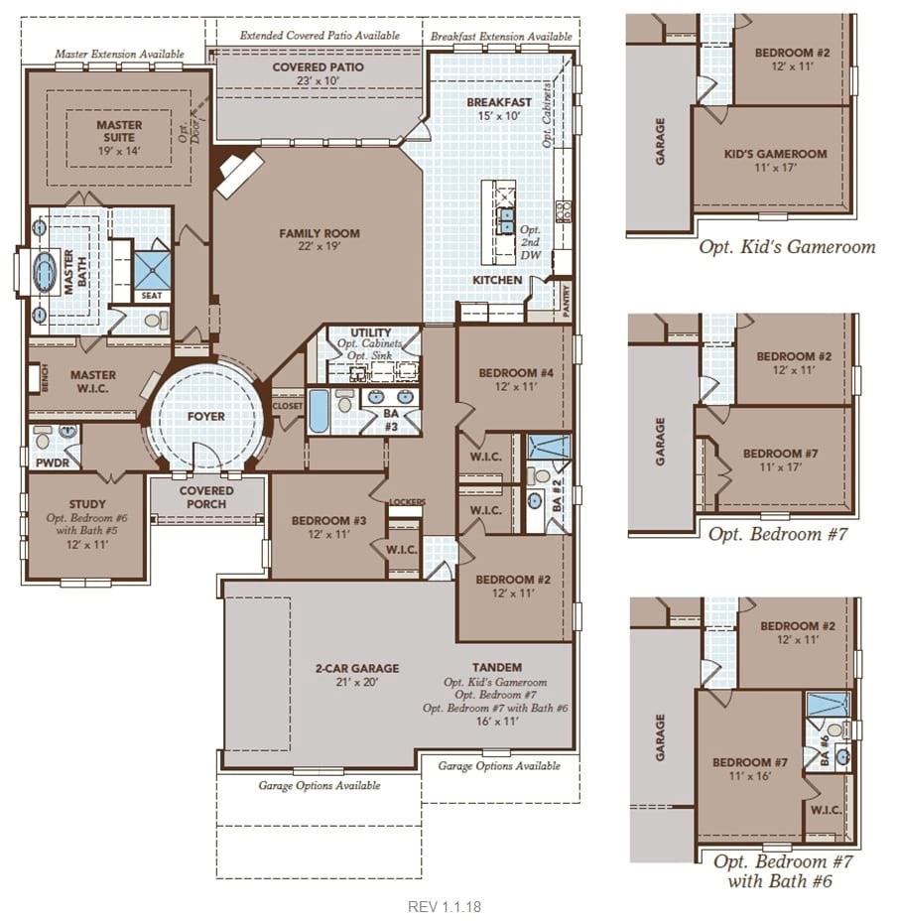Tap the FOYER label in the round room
pyautogui.click(x=206, y=416)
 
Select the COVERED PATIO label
pyautogui.click(x=318, y=67)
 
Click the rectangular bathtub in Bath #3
pyautogui.click(x=318, y=411)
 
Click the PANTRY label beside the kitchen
pyautogui.click(x=567, y=302)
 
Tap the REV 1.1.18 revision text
pyautogui.click(x=445, y=906)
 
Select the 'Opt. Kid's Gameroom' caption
pyautogui.click(x=787, y=246)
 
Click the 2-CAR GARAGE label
pyautogui.click(x=357, y=668)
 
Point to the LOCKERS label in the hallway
pyautogui.click(x=407, y=501)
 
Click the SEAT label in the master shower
pyautogui.click(x=151, y=296)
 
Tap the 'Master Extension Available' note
pyautogui.click(x=119, y=54)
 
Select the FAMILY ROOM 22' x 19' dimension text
pyautogui.click(x=320, y=247)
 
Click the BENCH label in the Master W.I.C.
pyautogui.click(x=46, y=377)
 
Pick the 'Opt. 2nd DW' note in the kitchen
pyautogui.click(x=530, y=242)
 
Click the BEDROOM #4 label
pyautogui.click(x=516, y=372)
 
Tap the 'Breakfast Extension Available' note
pyautogui.click(x=501, y=36)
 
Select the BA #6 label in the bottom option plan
pyautogui.click(x=825, y=750)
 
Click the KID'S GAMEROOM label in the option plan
pyautogui.click(x=775, y=154)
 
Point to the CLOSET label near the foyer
pyautogui.click(x=287, y=406)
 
